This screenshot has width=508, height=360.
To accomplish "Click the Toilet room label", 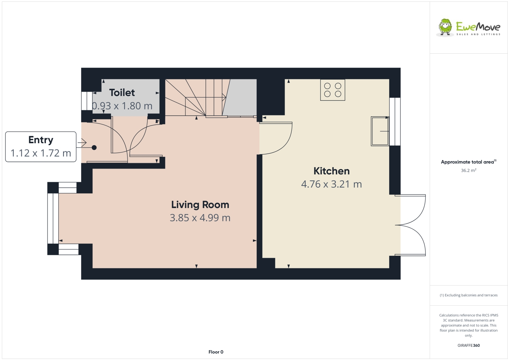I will (x=122, y=93).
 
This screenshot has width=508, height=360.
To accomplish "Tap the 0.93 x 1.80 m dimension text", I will (x=122, y=106).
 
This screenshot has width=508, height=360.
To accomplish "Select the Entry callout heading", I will (x=41, y=140).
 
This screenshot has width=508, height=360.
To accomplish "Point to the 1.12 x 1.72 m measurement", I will (x=41, y=153).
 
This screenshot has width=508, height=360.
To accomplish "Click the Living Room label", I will (x=200, y=205).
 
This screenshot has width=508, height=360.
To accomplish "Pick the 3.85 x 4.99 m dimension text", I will (x=200, y=218).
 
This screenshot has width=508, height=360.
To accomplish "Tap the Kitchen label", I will (x=331, y=171).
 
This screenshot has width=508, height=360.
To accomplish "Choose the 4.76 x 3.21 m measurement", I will (x=331, y=184).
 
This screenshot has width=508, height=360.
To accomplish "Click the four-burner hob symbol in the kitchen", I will (x=332, y=90).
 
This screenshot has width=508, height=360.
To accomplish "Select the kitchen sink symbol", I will (x=380, y=131).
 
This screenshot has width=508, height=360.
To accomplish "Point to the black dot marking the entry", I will (x=94, y=148).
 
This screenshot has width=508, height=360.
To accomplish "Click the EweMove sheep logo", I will (x=445, y=27).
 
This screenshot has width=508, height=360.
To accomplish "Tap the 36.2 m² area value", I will (x=468, y=170).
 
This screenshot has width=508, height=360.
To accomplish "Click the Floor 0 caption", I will (x=216, y=352).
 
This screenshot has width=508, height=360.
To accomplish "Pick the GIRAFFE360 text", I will (x=468, y=345).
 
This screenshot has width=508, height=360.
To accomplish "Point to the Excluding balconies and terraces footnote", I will (x=469, y=295).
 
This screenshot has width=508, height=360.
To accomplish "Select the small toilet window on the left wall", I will (x=85, y=101).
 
